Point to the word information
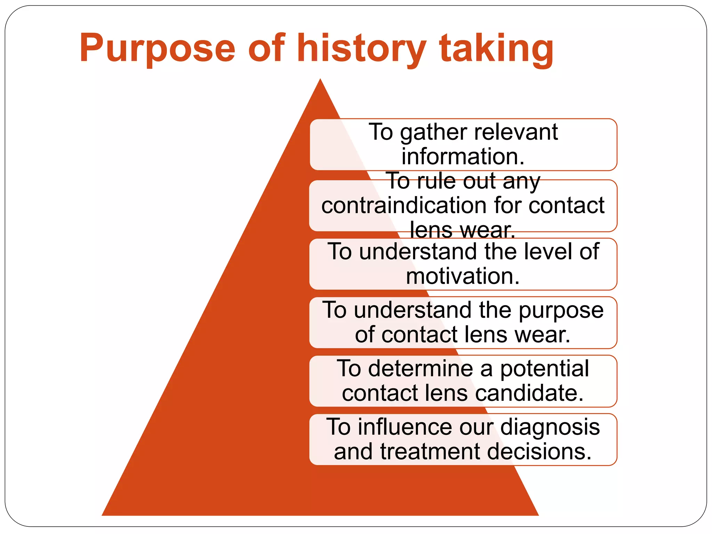(x=463, y=156)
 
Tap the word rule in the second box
(x=439, y=181)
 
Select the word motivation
(x=463, y=276)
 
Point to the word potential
(x=544, y=369)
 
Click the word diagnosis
(x=550, y=428)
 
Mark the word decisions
(x=539, y=452)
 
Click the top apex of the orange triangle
(x=320, y=80)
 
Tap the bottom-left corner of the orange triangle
(x=103, y=515)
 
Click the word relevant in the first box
(x=516, y=132)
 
